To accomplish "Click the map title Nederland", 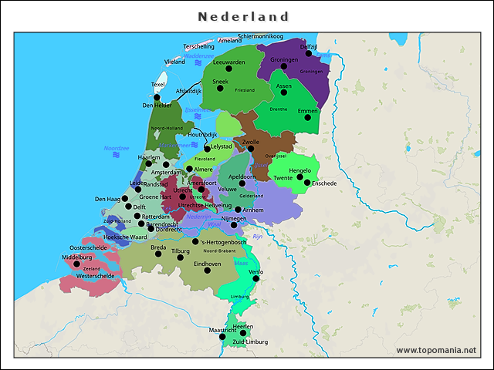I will click(243, 16).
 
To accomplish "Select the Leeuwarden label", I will click(228, 62).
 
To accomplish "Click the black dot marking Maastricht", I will click(222, 337).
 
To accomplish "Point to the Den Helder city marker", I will click(157, 98).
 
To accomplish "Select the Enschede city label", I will click(324, 183).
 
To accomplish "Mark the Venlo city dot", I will click(256, 279).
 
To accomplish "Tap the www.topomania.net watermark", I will click(436, 350).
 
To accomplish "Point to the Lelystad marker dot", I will click(207, 147).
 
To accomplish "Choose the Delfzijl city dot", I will click(309, 53).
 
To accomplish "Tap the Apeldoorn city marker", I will click(242, 183).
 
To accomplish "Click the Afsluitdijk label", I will click(188, 91).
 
